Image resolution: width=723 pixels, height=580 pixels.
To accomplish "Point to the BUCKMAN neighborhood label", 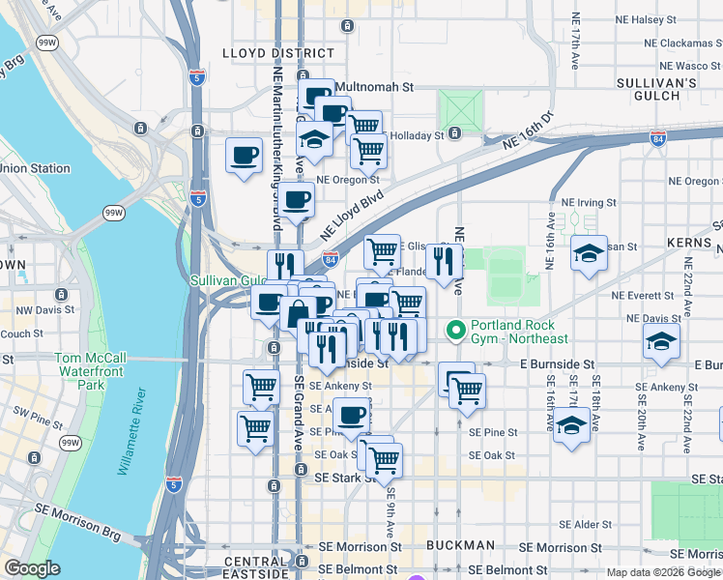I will coord(461,545).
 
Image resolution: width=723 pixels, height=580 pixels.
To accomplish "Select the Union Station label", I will coord(36,168).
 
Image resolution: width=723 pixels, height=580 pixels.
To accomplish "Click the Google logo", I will coord(33,568).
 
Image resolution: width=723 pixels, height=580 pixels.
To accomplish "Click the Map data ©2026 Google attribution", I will coord(663,572).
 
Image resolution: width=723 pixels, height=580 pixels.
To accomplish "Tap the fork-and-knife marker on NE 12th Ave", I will coord(445,262).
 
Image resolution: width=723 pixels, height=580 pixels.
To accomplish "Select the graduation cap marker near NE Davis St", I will coord(661,341).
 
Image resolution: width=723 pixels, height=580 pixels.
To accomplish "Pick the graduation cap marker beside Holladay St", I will coord(314,140).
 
